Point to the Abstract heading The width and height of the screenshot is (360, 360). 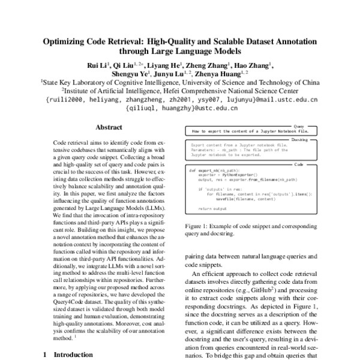click(x=109, y=127)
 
